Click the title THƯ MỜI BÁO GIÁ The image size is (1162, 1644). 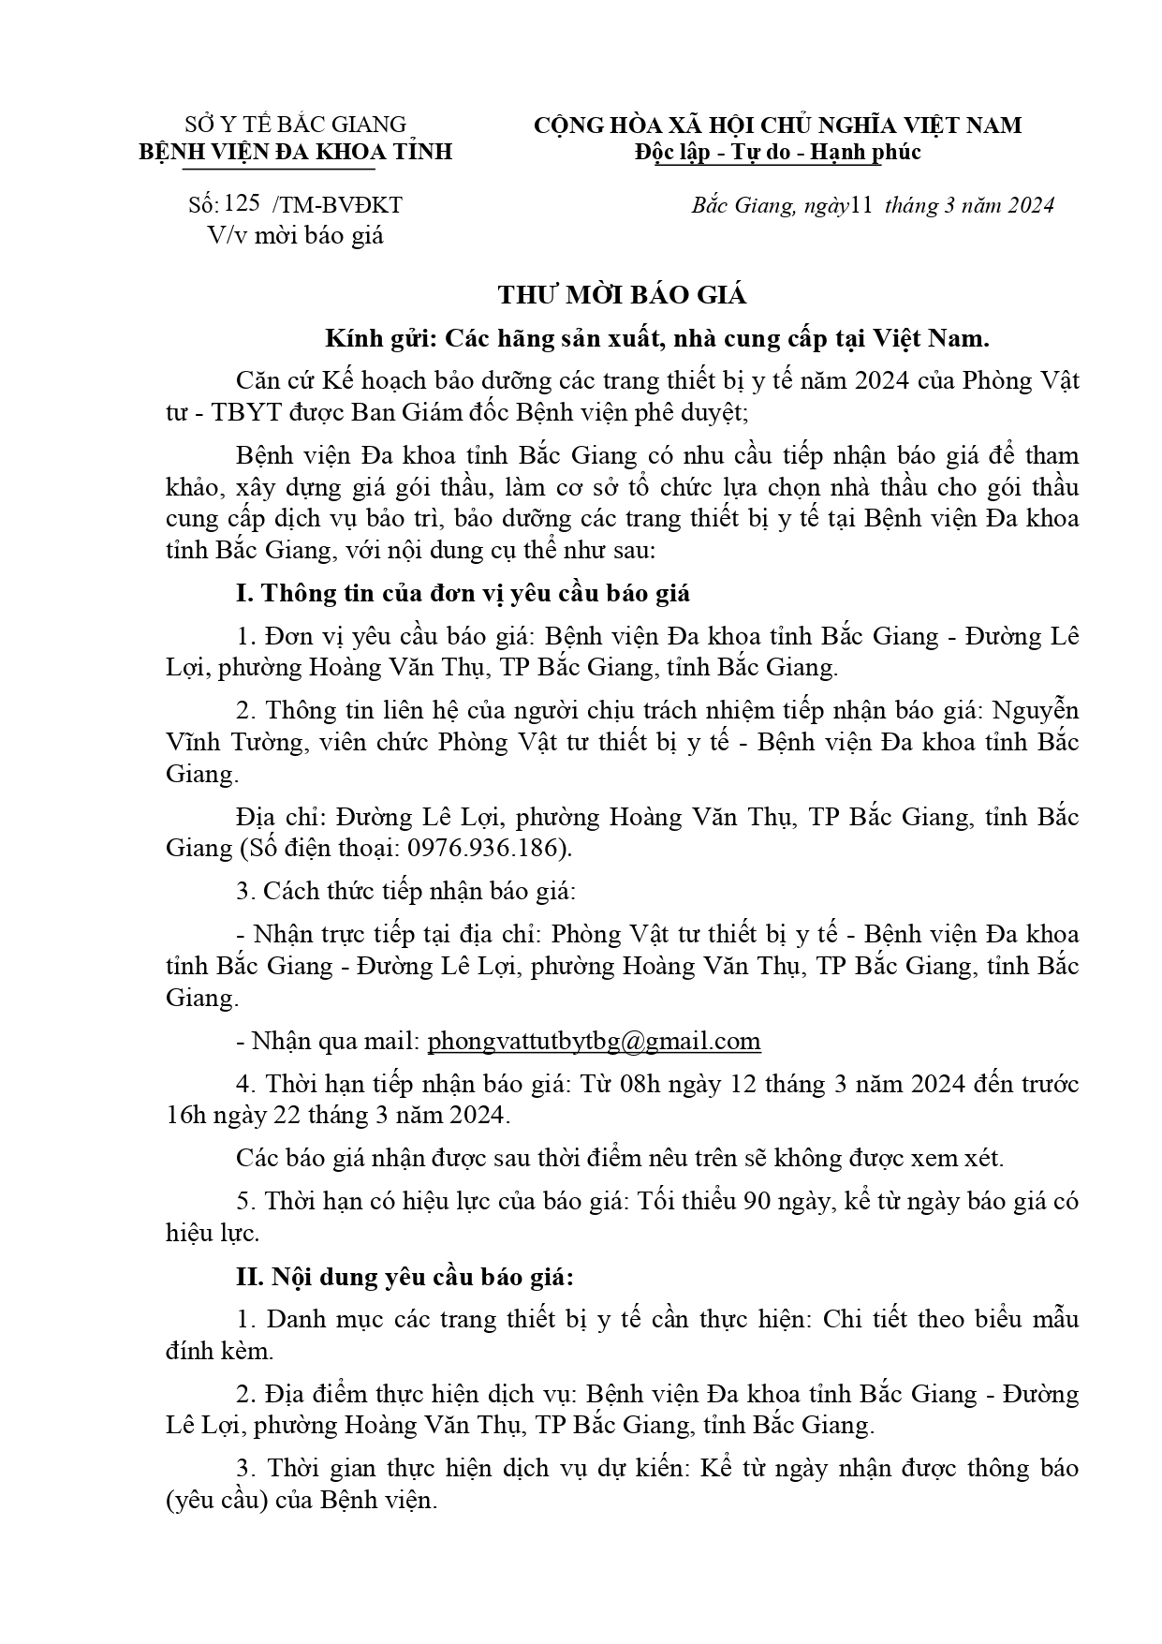pyautogui.click(x=622, y=295)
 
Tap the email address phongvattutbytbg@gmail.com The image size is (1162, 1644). pyautogui.click(x=594, y=1041)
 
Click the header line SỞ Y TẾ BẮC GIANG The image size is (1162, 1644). pyautogui.click(x=296, y=125)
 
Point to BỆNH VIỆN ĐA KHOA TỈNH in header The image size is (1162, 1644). pyautogui.click(x=296, y=152)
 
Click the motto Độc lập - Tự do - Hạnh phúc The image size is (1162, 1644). pyautogui.click(x=776, y=152)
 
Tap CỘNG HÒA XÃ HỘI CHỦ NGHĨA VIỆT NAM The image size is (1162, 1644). pyautogui.click(x=777, y=125)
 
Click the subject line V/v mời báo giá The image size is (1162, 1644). pyautogui.click(x=296, y=235)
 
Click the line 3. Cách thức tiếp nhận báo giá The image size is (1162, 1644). pyautogui.click(x=405, y=891)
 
